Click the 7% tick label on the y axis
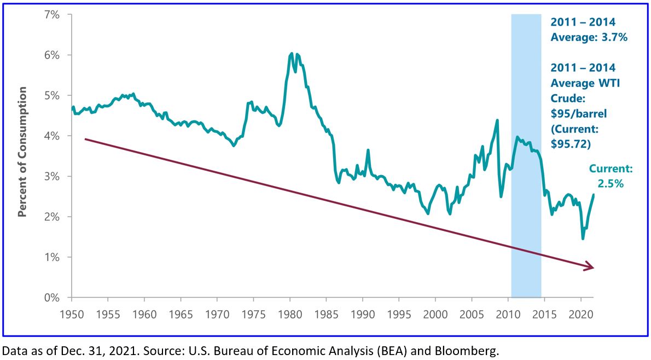click(x=51, y=14)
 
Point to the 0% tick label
click(x=51, y=298)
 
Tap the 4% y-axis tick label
click(x=51, y=136)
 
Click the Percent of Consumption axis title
click(x=22, y=159)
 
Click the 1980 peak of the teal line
click(x=292, y=54)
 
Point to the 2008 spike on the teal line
click(x=497, y=120)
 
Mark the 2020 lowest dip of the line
click(x=583, y=239)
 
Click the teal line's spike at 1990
click(x=368, y=150)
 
